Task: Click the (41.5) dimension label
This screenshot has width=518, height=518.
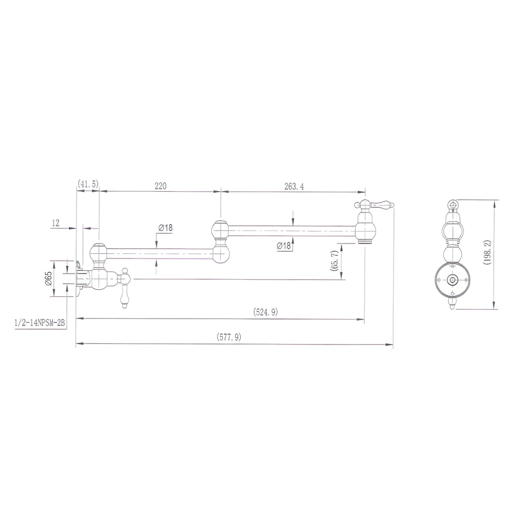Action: [88, 184]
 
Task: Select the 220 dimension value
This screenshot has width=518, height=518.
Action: [161, 186]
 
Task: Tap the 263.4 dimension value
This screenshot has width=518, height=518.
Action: [294, 186]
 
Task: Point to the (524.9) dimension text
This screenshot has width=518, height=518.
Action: [266, 312]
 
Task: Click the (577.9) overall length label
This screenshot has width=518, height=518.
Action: [229, 337]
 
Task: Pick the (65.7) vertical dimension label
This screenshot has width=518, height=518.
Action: [334, 261]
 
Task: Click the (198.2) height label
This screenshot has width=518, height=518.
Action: [487, 252]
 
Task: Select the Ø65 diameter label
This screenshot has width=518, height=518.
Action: [49, 279]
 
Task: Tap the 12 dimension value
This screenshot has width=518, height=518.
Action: [55, 223]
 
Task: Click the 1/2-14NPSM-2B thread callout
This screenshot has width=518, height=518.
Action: [39, 323]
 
